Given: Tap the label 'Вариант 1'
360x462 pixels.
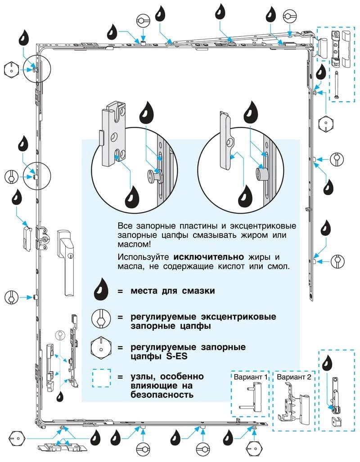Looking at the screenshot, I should [250, 377].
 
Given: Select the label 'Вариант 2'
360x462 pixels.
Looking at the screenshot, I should [294, 377].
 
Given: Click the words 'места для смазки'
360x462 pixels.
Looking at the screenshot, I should [173, 291].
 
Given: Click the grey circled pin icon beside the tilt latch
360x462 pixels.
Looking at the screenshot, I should [58, 335].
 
